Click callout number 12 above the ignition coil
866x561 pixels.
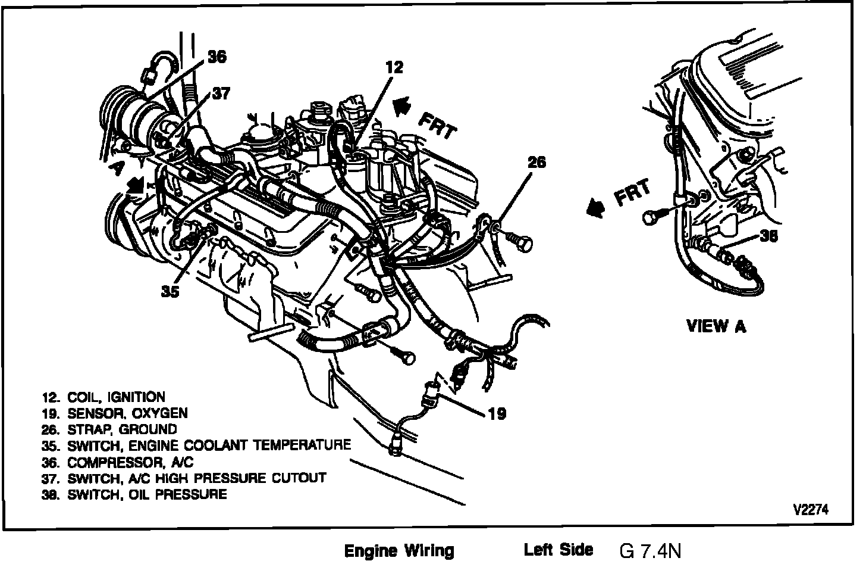[394, 68]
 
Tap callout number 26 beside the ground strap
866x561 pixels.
[536, 163]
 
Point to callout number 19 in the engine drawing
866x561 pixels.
[497, 413]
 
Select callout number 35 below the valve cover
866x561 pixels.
[170, 292]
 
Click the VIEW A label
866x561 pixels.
[716, 326]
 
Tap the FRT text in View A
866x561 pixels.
[633, 193]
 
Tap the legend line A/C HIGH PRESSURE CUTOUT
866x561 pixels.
[196, 478]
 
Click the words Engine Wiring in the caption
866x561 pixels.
[399, 550]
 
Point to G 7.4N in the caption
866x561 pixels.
[650, 550]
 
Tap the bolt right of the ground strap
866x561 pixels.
[523, 242]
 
